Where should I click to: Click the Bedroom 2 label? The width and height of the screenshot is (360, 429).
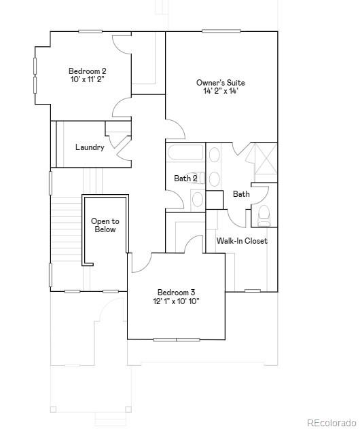click(87, 71)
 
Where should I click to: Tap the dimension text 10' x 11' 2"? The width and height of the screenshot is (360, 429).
click(87, 79)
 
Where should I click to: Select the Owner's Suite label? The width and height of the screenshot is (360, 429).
click(220, 83)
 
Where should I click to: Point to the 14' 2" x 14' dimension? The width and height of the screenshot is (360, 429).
click(220, 92)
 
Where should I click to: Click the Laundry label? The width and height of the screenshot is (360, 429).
click(90, 147)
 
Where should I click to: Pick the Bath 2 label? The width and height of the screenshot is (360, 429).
click(185, 179)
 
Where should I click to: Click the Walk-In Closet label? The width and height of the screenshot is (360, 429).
click(242, 241)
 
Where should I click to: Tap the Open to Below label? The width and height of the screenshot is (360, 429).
click(105, 225)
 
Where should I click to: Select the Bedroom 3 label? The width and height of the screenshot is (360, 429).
click(176, 292)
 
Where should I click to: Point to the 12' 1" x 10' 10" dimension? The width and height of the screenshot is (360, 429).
click(176, 301)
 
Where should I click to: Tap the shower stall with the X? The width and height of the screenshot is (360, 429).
click(262, 161)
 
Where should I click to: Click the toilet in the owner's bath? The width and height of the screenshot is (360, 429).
click(264, 214)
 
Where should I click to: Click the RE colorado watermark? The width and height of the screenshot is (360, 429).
click(331, 422)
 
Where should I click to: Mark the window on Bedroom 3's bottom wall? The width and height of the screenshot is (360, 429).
click(176, 339)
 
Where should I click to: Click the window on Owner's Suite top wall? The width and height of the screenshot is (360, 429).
click(221, 31)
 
